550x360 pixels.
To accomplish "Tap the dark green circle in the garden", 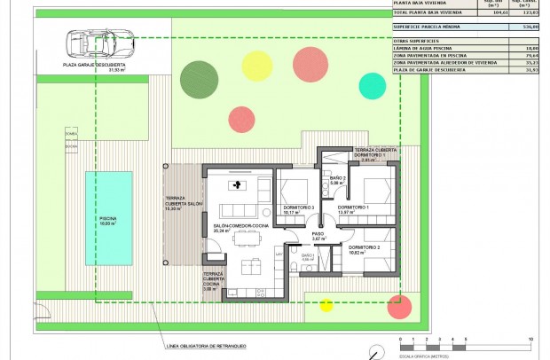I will point(198,79).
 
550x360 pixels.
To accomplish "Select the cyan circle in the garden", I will point(372,85).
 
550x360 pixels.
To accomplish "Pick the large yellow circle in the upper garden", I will point(257,65).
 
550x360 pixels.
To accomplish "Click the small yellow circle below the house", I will point(326,307).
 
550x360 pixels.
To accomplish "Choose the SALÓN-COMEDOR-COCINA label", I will point(235,228).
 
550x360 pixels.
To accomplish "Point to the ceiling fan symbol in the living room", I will point(237,185).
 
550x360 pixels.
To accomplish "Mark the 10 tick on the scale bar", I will point(530,340).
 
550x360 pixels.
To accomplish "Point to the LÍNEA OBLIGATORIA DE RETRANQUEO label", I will point(205,345).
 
